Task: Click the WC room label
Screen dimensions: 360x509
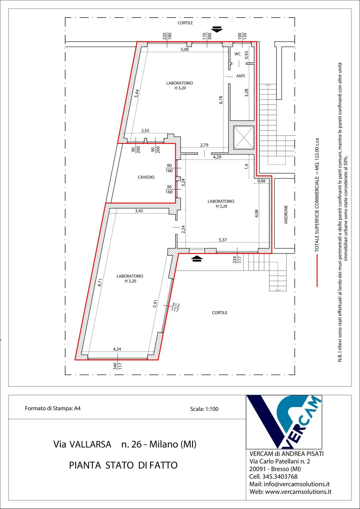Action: tap(238, 54)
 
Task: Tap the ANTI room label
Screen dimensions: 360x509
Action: tap(240, 76)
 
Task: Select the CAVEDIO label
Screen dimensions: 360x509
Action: tap(146, 177)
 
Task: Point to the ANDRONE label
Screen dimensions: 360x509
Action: tap(286, 215)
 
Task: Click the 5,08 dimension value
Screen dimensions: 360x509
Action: tap(184, 49)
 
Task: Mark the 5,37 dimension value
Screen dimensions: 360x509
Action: tap(223, 240)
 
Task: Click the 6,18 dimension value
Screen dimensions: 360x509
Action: tap(221, 100)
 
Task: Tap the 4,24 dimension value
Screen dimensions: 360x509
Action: tap(117, 349)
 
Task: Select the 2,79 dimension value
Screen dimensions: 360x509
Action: tap(204, 145)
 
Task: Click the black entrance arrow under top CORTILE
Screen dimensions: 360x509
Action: tap(217, 30)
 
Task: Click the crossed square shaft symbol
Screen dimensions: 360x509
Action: tap(244, 138)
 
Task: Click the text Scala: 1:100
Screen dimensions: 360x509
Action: tap(204, 409)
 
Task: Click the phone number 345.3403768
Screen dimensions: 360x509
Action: tap(280, 477)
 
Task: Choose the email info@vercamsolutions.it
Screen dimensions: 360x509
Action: tap(297, 484)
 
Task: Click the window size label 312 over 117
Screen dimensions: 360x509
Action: tap(175, 307)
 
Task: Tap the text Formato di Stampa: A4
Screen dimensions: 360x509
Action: tap(53, 408)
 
